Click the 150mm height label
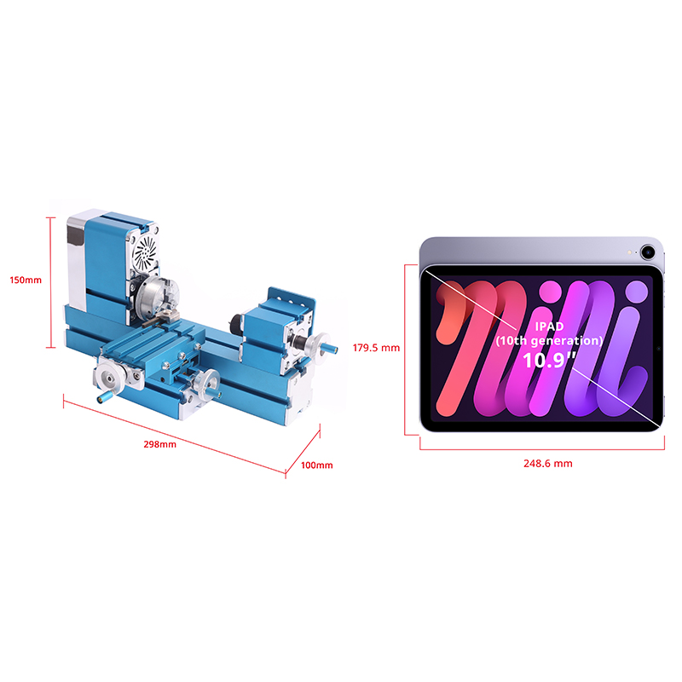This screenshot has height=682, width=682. tap(26, 280)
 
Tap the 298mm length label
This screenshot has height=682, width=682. tap(160, 444)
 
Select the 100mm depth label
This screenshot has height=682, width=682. tap(317, 465)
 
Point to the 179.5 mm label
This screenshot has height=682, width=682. tap(376, 348)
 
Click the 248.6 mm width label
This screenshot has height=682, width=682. tap(548, 464)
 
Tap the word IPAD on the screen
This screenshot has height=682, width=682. tap(549, 327)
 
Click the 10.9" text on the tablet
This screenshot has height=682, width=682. tap(549, 361)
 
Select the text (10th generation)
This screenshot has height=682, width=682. tap(549, 340)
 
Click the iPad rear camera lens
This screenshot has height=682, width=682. tap(648, 251)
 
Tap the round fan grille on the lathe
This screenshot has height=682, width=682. tap(145, 252)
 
